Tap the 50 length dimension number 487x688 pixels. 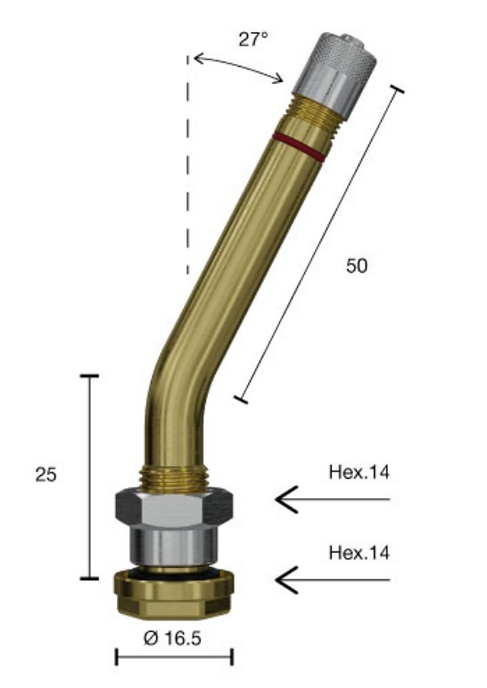point(356,265)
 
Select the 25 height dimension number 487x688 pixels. point(46,475)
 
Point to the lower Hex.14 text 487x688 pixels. point(359,553)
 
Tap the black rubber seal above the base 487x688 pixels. point(174,570)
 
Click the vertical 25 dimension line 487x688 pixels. point(89,477)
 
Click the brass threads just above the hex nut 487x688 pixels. point(174,477)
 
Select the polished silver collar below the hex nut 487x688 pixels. point(174,545)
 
